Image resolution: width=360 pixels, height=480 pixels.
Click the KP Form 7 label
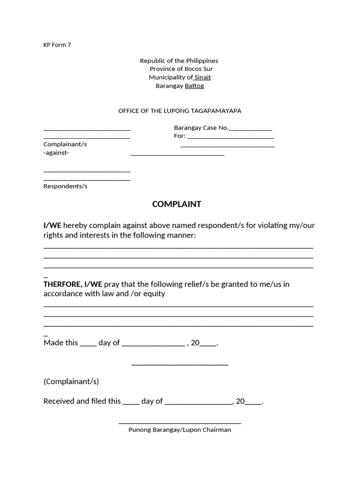(x=57, y=45)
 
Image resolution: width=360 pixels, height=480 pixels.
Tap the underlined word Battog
(x=195, y=86)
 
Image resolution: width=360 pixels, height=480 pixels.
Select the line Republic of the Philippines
(x=179, y=61)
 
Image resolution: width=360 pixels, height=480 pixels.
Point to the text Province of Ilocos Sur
(x=181, y=69)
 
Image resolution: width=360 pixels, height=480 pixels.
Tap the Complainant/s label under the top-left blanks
(x=65, y=144)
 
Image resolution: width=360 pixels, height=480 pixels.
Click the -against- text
(x=56, y=153)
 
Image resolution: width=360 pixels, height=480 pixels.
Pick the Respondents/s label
(x=66, y=186)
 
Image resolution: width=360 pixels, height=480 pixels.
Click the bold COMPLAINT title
(x=176, y=204)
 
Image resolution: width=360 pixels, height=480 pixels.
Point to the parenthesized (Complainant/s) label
(x=71, y=382)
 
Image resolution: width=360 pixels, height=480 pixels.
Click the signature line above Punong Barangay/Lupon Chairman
(x=180, y=423)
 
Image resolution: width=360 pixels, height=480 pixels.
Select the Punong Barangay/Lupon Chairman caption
(x=180, y=430)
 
